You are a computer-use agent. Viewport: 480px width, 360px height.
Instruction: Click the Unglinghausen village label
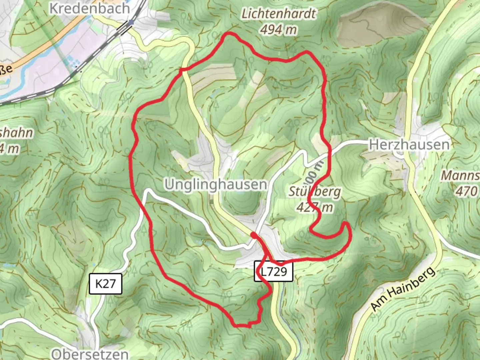[216, 184]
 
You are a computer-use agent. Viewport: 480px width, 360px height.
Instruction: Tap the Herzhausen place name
[409, 145]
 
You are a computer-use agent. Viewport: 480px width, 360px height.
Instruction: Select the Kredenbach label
[90, 8]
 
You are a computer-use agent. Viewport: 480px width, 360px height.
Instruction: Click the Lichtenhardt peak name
[278, 14]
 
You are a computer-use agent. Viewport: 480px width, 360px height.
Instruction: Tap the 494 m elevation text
[278, 30]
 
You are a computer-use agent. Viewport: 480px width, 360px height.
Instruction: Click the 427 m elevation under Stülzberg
[314, 207]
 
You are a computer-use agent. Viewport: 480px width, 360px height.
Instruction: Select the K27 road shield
[106, 284]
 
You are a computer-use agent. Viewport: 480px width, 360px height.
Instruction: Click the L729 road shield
[274, 271]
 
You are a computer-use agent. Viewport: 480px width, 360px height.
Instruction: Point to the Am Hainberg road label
[403, 289]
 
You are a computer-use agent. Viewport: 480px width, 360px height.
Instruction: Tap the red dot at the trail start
[254, 236]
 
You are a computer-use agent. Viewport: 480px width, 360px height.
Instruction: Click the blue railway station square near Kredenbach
[131, 22]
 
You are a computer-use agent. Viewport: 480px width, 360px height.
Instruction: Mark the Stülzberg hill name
[314, 192]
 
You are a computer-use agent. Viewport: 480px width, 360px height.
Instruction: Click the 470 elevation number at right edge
[467, 191]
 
